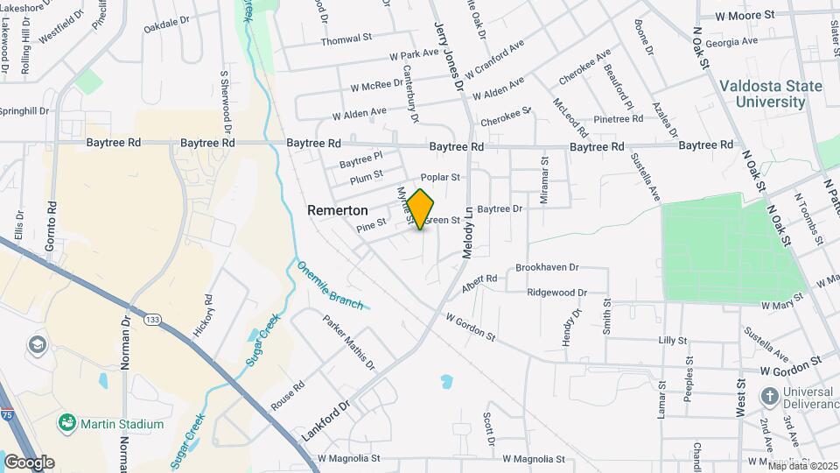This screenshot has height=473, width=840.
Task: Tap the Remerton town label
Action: (337, 211)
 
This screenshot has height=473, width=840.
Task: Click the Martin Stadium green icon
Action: (66, 424)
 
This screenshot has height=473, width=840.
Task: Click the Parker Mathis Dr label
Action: (349, 342)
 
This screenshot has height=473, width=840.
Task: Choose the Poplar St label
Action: (440, 177)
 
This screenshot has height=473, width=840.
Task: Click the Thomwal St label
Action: (346, 40)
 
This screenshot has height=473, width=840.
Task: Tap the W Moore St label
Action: (745, 15)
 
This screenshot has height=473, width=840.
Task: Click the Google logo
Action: (29, 462)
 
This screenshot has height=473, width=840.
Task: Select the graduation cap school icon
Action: (38, 344)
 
